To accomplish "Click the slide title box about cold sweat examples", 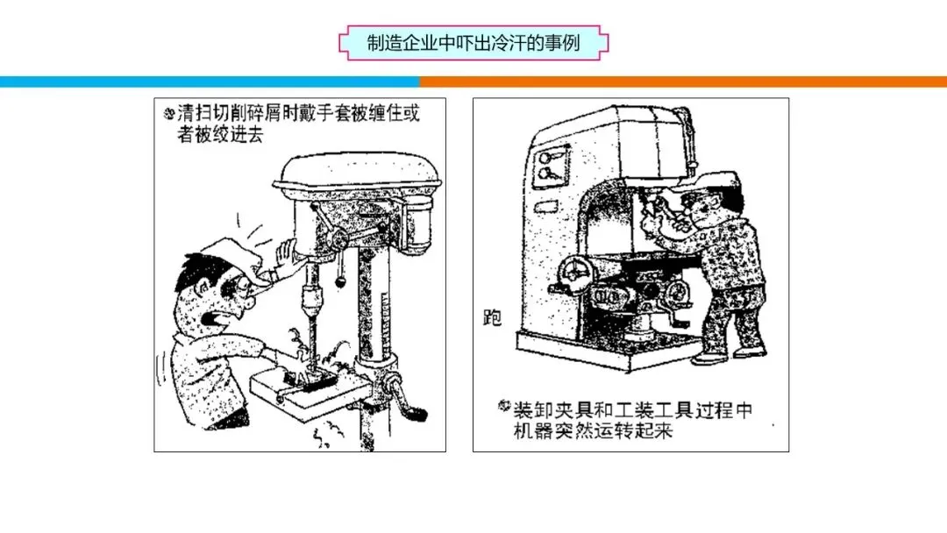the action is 473,43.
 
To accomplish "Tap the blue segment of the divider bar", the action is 210,82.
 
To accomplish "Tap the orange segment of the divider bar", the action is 683,82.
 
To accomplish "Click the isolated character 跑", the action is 492,317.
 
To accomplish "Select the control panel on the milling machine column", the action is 551,167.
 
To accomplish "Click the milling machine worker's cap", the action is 709,181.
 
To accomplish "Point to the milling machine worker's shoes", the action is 730,355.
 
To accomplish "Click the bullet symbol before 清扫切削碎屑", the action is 169,113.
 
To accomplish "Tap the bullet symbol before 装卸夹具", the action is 504,406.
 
